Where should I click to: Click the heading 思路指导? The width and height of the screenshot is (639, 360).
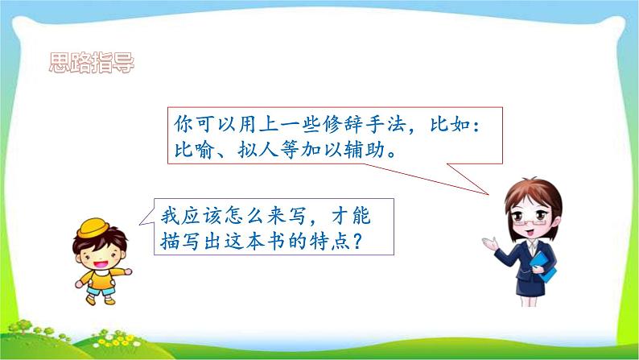[x=91, y=63]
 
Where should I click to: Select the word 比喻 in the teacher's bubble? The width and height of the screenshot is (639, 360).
[x=195, y=151]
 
